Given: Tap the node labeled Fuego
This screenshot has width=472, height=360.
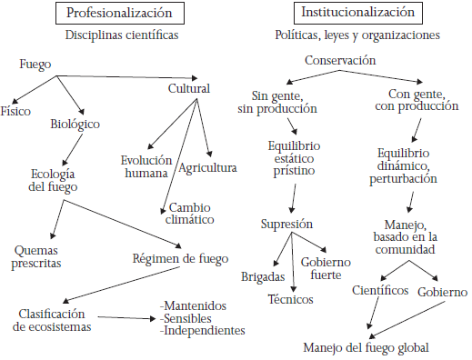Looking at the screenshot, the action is (x=35, y=65).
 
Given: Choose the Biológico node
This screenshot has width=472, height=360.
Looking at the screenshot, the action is (x=75, y=124).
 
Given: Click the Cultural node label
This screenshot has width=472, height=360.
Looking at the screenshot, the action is (x=189, y=89).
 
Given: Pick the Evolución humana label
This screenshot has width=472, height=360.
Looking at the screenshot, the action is (x=146, y=166).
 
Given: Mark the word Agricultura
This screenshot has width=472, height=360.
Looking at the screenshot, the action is (x=207, y=167).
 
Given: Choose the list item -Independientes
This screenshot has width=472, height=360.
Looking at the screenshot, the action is (x=203, y=331).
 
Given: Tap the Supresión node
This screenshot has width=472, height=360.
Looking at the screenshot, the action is (x=287, y=224).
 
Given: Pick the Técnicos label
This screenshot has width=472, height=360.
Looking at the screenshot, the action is (x=290, y=298).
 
